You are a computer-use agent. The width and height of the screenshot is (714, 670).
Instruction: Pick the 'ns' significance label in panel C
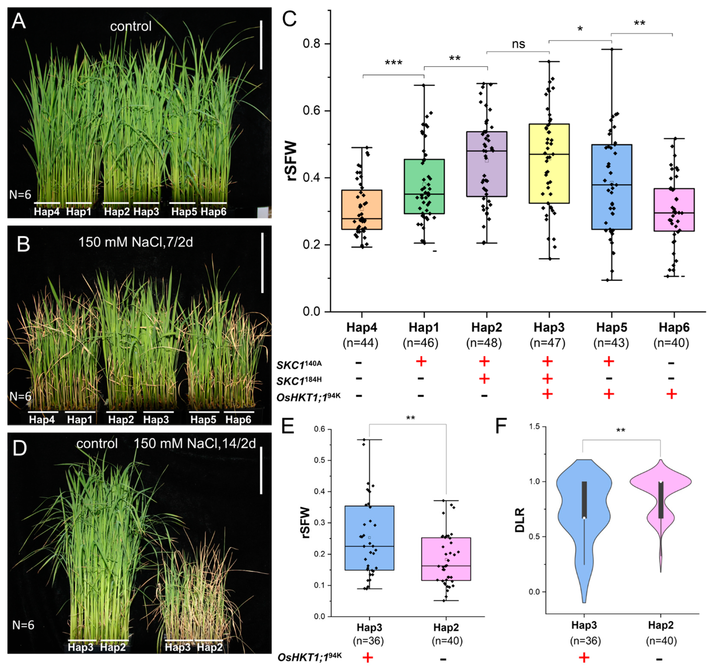(x=518, y=44)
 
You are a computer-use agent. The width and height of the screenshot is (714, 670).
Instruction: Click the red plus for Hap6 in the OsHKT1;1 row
(x=672, y=394)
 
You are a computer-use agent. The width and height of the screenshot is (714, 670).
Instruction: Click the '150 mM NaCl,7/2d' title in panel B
(x=135, y=242)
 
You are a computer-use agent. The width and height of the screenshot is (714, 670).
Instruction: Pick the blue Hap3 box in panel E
(x=369, y=538)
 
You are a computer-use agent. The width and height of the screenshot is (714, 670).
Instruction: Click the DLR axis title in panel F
(x=520, y=520)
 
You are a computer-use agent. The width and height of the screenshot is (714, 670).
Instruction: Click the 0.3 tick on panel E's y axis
(x=319, y=523)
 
